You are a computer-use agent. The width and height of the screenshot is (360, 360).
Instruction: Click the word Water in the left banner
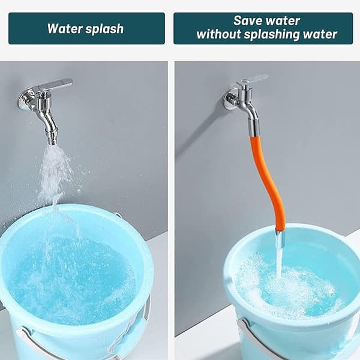click(x=64, y=29)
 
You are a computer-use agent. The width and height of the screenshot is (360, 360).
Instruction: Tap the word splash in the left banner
click(x=104, y=29)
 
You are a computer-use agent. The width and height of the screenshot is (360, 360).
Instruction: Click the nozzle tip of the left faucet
click(x=52, y=142)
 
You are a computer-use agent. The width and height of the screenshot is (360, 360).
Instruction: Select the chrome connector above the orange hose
click(x=253, y=127)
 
